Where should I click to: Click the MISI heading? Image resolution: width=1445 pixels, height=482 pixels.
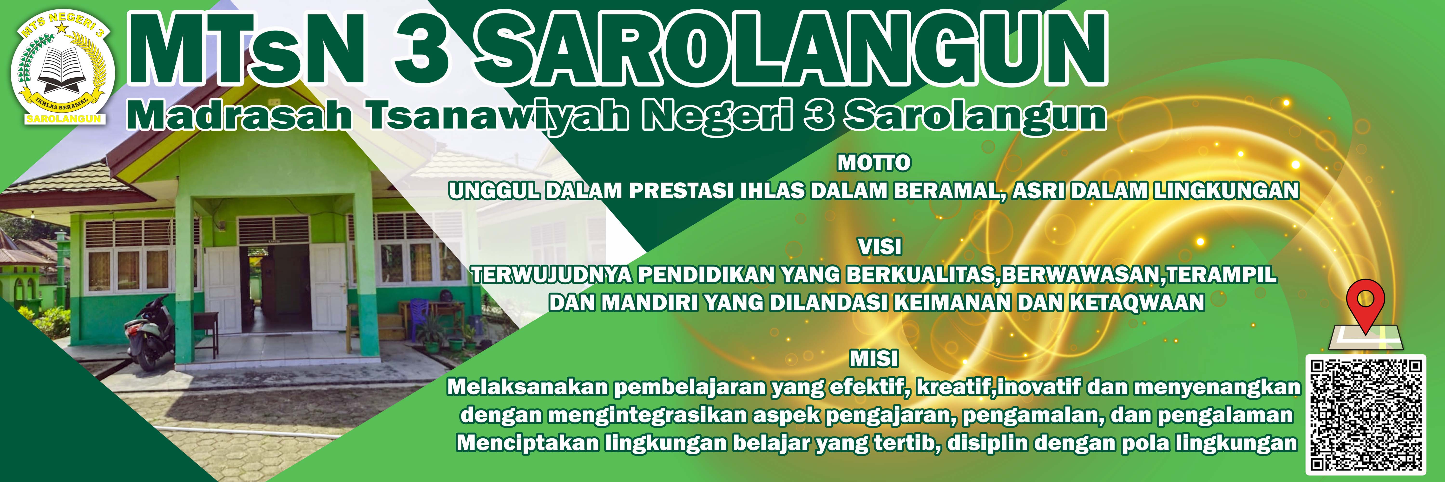click(x=874, y=358)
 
